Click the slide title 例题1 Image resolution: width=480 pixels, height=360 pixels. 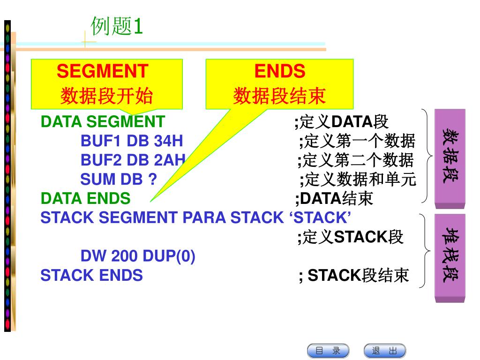click(x=117, y=26)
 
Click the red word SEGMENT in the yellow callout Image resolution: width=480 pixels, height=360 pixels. click(x=102, y=71)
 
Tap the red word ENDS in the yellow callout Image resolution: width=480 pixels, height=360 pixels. click(x=279, y=71)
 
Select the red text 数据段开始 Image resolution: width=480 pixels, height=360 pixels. click(x=106, y=96)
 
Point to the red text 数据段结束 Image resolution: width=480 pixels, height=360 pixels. click(x=279, y=96)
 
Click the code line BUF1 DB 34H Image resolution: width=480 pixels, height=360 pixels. click(x=132, y=141)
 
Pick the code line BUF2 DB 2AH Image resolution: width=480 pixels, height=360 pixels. click(x=133, y=160)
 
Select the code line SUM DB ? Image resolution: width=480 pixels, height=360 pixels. click(x=119, y=180)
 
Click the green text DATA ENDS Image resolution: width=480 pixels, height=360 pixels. click(x=85, y=198)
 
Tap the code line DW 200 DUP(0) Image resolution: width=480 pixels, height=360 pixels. click(x=138, y=256)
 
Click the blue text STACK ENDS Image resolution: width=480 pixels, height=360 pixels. click(x=91, y=275)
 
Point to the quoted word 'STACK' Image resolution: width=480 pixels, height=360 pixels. click(x=320, y=217)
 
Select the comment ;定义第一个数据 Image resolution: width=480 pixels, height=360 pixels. click(x=357, y=141)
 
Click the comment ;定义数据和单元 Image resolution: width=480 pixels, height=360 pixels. click(x=358, y=180)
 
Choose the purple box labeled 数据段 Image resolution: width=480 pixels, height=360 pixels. click(x=450, y=158)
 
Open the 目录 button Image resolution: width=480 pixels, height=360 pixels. click(x=328, y=351)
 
